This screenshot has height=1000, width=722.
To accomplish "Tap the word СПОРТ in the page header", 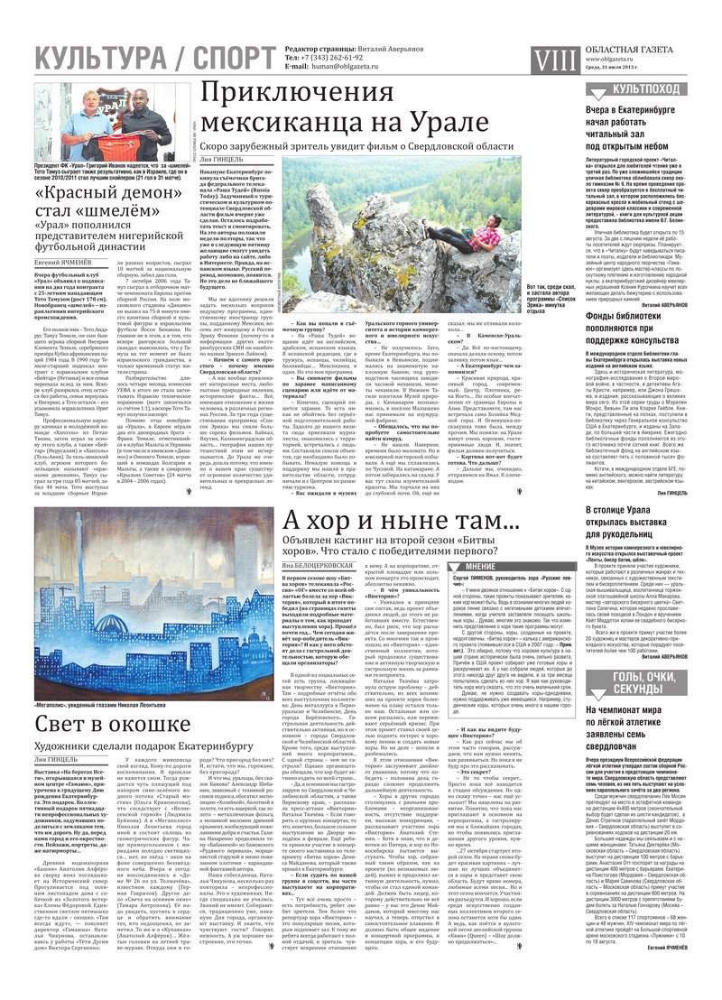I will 227,60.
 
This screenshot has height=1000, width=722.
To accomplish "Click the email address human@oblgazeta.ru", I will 346,66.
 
